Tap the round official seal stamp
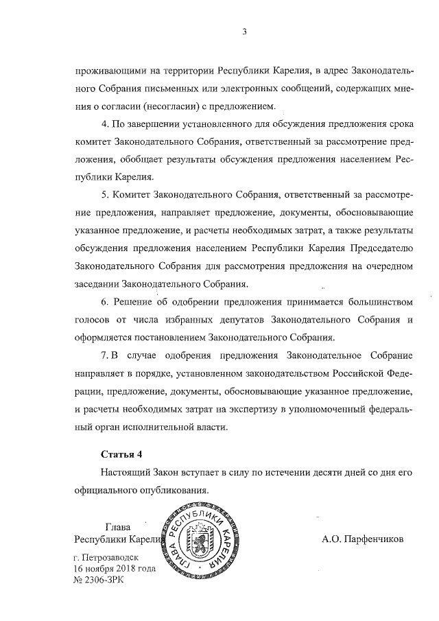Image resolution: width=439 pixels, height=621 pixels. [198, 541]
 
